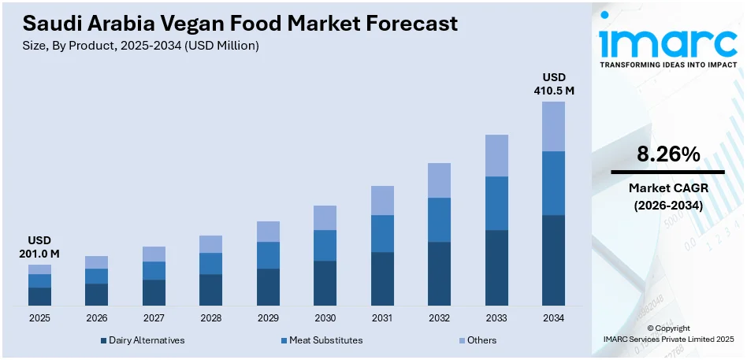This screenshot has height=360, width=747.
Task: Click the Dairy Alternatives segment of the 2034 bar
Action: pos(553,260)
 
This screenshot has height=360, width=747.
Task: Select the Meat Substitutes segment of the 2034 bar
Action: pos(553,183)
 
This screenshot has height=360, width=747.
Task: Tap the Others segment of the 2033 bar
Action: pos(496,155)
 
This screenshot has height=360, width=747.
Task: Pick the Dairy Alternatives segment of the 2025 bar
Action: pos(39,296)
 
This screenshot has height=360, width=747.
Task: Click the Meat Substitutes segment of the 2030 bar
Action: pos(325,245)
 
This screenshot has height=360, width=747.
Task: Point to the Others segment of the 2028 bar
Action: pos(210,244)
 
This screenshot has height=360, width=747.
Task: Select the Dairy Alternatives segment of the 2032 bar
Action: pos(439,273)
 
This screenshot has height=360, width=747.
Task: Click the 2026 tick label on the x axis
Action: pos(96,317)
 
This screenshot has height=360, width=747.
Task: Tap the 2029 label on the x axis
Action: pos(268,317)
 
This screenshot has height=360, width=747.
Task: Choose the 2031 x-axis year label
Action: pos(382,317)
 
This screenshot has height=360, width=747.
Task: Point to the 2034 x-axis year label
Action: pos(553,317)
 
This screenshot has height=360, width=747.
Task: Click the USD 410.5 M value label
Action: pos(553,84)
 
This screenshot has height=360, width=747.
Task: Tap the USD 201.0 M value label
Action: pos(39,247)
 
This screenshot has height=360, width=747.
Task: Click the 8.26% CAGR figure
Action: pos(668,155)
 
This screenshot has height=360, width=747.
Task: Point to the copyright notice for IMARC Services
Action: pos(668,333)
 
